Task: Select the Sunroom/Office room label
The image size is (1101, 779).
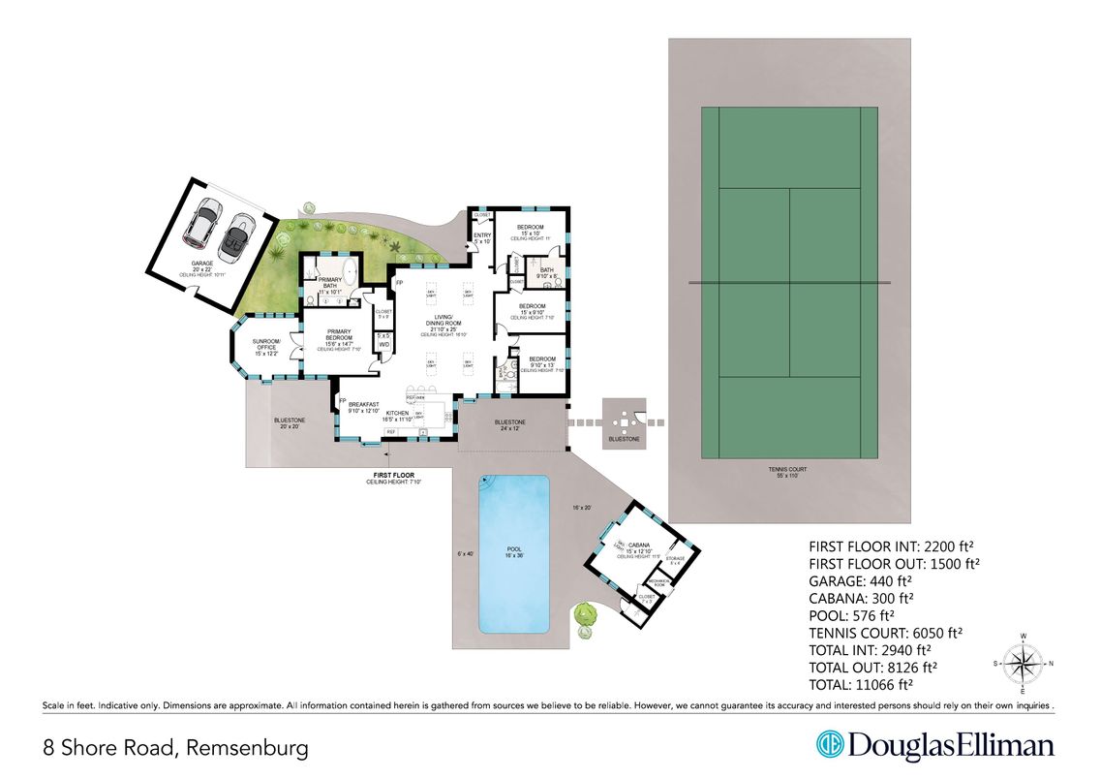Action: tap(265, 347)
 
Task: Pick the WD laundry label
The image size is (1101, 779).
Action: tap(383, 344)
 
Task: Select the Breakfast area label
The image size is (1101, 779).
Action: tap(363, 404)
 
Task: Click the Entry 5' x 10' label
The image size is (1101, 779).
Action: tap(480, 238)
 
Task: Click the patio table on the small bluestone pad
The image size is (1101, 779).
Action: tap(624, 421)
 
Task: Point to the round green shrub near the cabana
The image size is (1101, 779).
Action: tap(584, 613)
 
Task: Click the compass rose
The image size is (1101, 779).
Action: tap(1024, 665)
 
